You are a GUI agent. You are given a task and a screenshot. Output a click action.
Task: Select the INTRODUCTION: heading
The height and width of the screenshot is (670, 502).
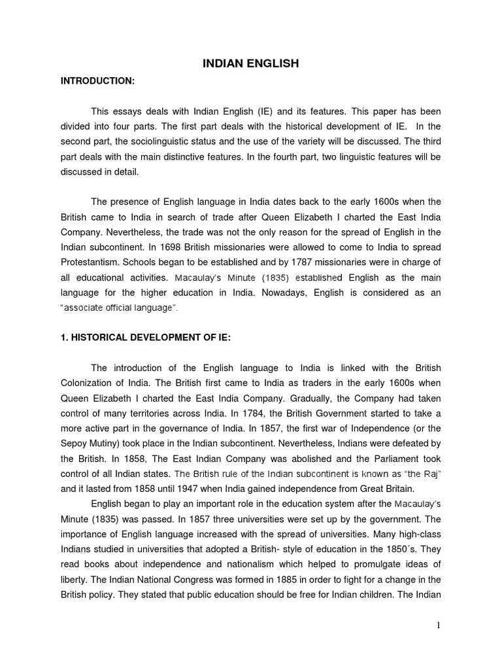97,80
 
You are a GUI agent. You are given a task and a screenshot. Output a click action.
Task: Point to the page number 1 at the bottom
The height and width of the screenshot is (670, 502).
439,625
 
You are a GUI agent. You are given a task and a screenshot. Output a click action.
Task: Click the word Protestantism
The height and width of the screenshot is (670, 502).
91,262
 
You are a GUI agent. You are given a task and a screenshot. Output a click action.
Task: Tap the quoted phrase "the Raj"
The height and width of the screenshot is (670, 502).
422,473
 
